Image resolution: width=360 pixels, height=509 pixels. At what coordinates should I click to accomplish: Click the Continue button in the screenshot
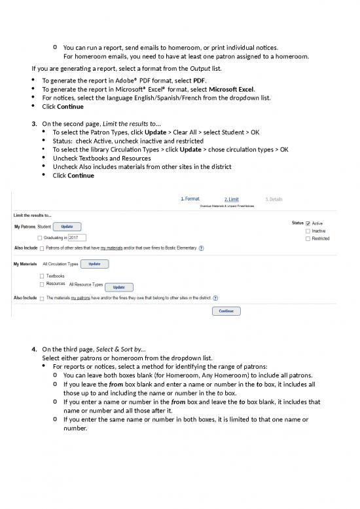coord(226,311)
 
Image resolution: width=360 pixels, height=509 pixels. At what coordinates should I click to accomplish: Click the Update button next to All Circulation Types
coord(94,264)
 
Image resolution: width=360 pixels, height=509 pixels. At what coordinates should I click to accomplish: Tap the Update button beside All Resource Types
coord(118,287)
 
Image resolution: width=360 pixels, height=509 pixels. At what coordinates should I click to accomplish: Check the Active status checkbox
coord(308,223)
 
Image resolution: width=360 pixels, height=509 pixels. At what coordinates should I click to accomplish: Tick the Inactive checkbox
coord(308,231)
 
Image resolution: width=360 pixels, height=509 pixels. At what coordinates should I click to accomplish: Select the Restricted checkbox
coord(308,239)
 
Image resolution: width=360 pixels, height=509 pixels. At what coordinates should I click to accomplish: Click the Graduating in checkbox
coord(41,238)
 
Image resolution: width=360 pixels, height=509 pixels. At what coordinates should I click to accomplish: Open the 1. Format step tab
coord(190,198)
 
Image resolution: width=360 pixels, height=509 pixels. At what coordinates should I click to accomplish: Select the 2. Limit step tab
coord(231,199)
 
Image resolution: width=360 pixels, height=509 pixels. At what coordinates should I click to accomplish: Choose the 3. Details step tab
coord(274,199)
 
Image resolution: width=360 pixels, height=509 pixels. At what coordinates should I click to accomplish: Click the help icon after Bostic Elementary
coord(201,248)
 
